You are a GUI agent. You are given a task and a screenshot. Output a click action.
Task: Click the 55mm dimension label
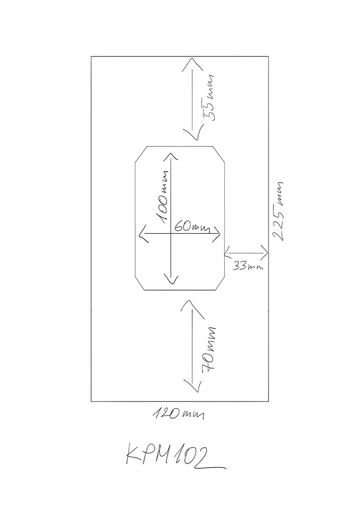210,98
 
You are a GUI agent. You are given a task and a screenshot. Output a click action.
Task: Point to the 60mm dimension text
189,227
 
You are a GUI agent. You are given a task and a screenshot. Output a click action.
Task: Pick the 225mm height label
281,210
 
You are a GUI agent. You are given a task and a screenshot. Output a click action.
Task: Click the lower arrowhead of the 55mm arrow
191,137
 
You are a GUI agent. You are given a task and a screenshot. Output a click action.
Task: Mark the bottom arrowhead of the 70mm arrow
191,389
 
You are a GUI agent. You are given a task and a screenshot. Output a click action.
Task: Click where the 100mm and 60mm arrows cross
170,235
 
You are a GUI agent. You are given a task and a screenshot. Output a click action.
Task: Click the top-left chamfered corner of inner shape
141,155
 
